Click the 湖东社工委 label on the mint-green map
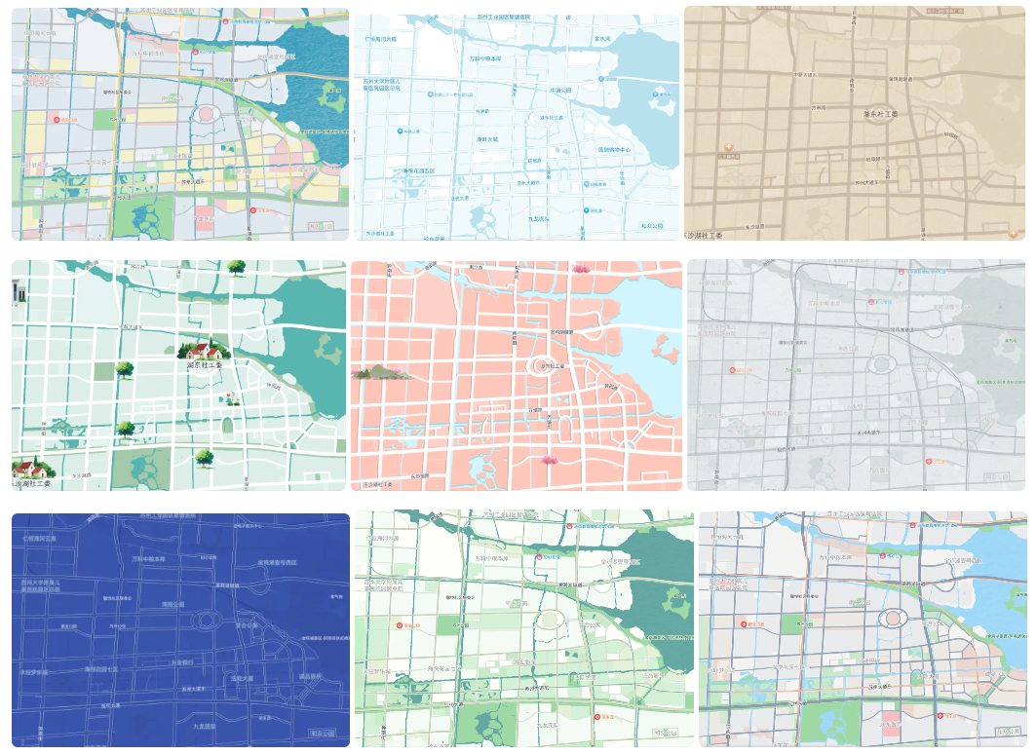pos(205,365)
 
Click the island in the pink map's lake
pos(665,346)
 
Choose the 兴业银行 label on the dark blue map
pos(182,661)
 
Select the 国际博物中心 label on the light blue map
pos(615,150)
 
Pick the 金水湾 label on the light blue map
pos(601,40)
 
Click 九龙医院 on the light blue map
pos(537,219)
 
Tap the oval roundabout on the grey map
pos(883,363)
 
